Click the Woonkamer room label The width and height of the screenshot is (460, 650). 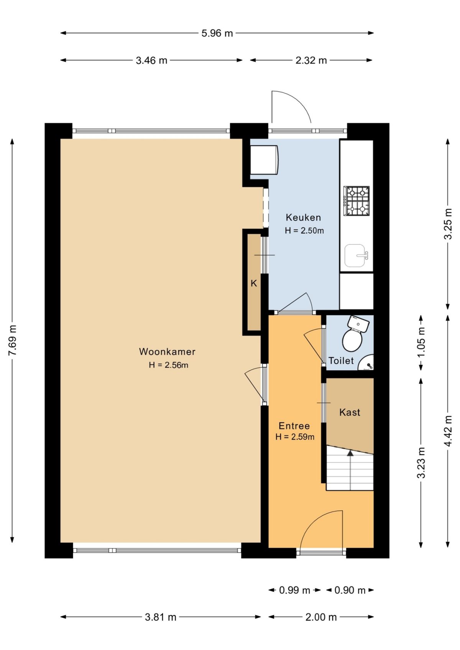click(x=167, y=352)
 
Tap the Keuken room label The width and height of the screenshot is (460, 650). click(x=303, y=218)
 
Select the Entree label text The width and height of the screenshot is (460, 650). click(x=294, y=426)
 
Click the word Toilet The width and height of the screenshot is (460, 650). click(x=341, y=361)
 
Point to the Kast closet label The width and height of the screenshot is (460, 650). click(x=350, y=413)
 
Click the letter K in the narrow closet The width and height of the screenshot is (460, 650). click(x=254, y=283)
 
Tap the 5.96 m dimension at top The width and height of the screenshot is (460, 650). click(x=217, y=33)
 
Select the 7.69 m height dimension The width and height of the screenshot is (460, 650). click(x=13, y=340)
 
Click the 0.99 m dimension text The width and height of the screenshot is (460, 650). click(x=294, y=590)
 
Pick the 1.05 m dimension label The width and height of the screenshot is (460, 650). click(x=421, y=342)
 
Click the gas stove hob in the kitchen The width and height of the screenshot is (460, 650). click(x=356, y=201)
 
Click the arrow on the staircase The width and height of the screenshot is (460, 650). click(x=350, y=454)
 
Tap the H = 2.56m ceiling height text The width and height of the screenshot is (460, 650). click(x=169, y=365)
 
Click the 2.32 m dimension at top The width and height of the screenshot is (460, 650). click(x=311, y=61)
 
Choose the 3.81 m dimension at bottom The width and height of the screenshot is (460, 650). click(x=161, y=617)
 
